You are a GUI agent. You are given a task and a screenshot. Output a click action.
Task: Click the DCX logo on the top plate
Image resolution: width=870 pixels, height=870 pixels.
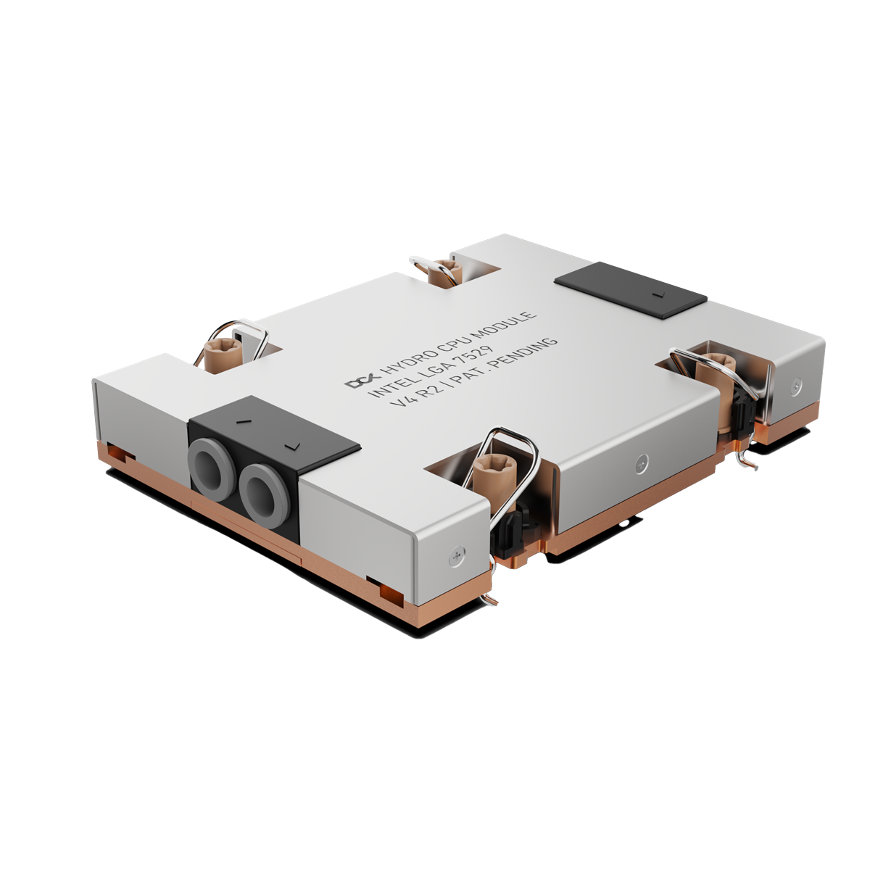pos(356,381)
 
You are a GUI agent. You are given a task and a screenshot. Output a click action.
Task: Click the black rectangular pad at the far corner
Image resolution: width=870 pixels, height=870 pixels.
pos(630,290)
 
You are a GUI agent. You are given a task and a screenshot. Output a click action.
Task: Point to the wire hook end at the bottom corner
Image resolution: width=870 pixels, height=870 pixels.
pos(491,598)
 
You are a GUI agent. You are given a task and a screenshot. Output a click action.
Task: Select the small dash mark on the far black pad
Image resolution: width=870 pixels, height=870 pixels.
pos(657,295)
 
